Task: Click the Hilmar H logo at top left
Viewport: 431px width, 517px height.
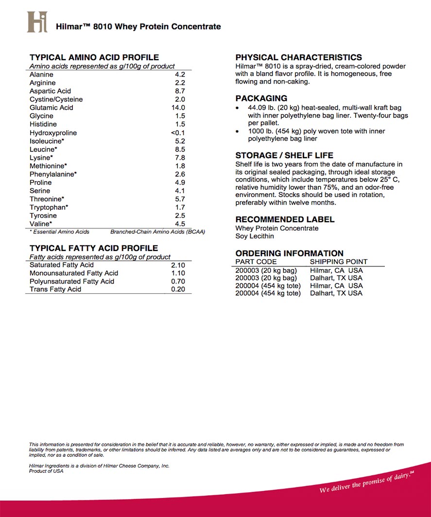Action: (37, 22)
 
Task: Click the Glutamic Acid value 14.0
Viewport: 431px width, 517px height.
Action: (178, 108)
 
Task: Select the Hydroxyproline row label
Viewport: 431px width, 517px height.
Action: (53, 133)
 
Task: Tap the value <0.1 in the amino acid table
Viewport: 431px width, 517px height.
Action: (178, 133)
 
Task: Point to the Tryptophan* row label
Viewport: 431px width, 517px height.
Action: (49, 207)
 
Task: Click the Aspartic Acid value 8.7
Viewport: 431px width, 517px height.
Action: (180, 91)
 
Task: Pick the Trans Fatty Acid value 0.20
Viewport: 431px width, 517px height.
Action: (178, 289)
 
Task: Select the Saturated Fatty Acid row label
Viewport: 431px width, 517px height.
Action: (62, 265)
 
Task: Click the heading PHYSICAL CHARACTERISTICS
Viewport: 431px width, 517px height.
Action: (298, 57)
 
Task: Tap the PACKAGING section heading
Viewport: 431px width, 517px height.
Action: (261, 98)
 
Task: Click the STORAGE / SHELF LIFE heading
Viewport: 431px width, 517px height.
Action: (284, 156)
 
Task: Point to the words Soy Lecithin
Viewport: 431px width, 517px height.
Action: (255, 236)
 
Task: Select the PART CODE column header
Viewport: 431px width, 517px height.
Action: (256, 262)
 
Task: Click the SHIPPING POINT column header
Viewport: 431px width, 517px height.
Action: (339, 262)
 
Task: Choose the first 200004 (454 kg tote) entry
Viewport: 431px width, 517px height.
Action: (268, 286)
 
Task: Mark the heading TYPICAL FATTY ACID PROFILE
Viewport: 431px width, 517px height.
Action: (93, 249)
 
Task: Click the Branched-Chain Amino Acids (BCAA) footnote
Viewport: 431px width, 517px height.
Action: (157, 232)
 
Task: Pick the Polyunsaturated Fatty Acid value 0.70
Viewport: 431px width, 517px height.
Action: (178, 282)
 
